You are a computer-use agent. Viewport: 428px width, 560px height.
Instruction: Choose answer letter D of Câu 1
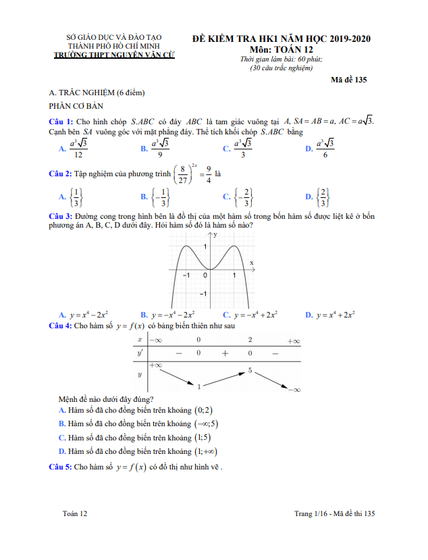click(x=309, y=148)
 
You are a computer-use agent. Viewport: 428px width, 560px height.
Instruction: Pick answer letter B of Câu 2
click(x=144, y=197)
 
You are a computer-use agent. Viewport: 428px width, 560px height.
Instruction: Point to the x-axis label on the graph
click(x=252, y=262)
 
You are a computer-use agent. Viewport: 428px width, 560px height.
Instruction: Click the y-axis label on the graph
click(x=216, y=235)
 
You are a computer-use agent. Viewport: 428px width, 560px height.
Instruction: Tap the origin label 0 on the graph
click(x=205, y=276)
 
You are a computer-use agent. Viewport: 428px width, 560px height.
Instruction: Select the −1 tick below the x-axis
click(x=186, y=276)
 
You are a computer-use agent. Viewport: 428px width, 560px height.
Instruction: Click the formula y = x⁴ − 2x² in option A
click(x=89, y=315)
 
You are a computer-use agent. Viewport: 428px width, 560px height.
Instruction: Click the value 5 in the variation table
click(x=250, y=370)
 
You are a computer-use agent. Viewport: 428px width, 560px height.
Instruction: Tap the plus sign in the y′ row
click(x=224, y=353)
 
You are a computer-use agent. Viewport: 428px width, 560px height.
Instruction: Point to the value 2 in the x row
click(x=250, y=340)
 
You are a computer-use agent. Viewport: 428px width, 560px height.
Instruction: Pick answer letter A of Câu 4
click(x=62, y=410)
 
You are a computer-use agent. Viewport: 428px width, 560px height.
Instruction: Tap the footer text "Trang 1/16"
click(x=312, y=514)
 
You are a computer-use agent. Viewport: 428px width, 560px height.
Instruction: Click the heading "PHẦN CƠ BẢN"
click(x=74, y=106)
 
